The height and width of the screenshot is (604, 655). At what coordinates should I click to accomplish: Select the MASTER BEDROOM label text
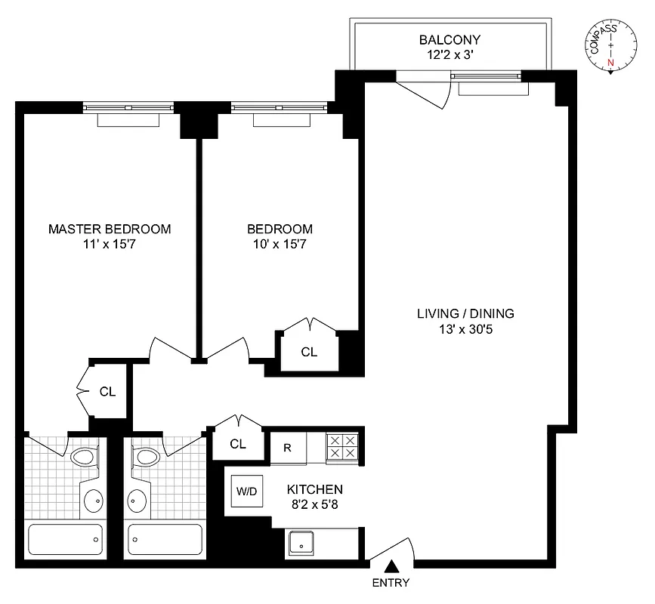[110, 229]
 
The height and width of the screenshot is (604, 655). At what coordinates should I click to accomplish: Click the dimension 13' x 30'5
[466, 329]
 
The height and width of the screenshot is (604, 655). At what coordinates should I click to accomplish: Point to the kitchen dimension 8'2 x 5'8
[314, 504]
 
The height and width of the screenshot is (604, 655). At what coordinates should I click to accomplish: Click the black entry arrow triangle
[391, 565]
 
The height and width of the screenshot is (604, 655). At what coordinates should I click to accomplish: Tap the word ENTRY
[391, 583]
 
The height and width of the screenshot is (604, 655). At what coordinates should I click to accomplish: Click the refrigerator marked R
[287, 446]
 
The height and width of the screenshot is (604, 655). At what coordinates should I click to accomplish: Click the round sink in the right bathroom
[137, 499]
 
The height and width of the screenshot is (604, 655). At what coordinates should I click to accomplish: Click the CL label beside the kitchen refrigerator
[238, 444]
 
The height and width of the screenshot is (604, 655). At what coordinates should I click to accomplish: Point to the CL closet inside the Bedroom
[309, 351]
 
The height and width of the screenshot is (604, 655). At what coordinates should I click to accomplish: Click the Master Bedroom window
[128, 107]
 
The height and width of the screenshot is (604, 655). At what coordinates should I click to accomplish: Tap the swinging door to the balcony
[425, 89]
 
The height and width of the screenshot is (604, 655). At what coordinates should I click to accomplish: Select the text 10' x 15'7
[280, 244]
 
